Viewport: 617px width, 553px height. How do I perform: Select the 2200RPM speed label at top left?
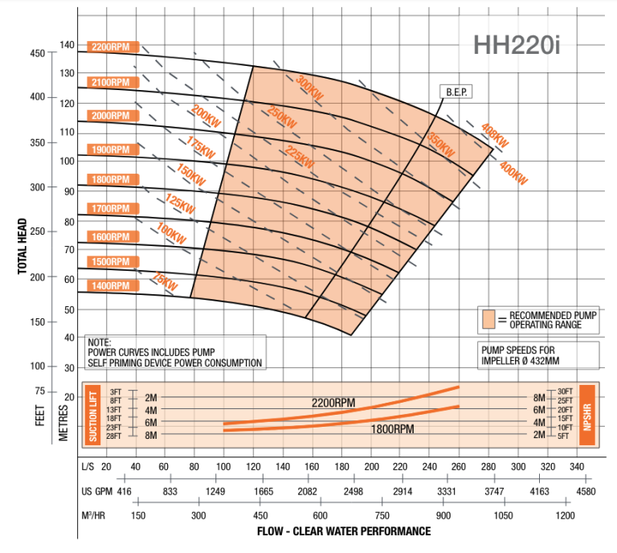[113, 47]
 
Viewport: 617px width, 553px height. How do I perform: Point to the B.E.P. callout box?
[456, 92]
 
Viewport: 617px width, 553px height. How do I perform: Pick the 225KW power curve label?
[299, 156]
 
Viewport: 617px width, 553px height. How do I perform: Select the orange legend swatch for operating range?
[487, 319]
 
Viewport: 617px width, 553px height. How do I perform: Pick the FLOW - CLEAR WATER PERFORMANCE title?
[344, 531]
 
